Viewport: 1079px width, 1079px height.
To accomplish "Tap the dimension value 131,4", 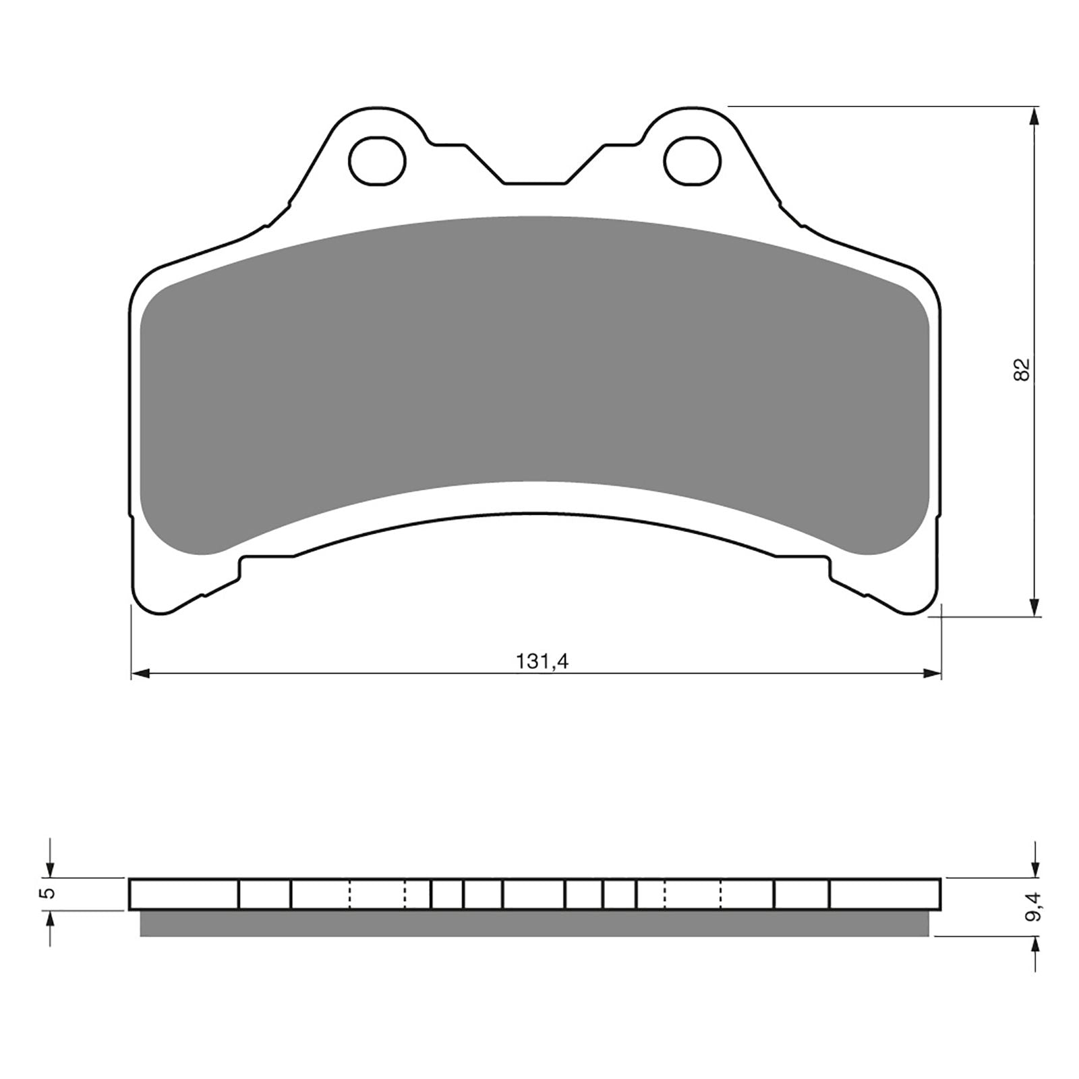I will [x=543, y=662].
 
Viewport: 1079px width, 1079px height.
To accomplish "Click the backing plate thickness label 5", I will [x=47, y=894].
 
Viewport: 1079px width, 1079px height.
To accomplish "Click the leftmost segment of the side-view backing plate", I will [x=183, y=894].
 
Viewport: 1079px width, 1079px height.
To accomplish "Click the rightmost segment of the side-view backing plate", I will [x=885, y=894].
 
